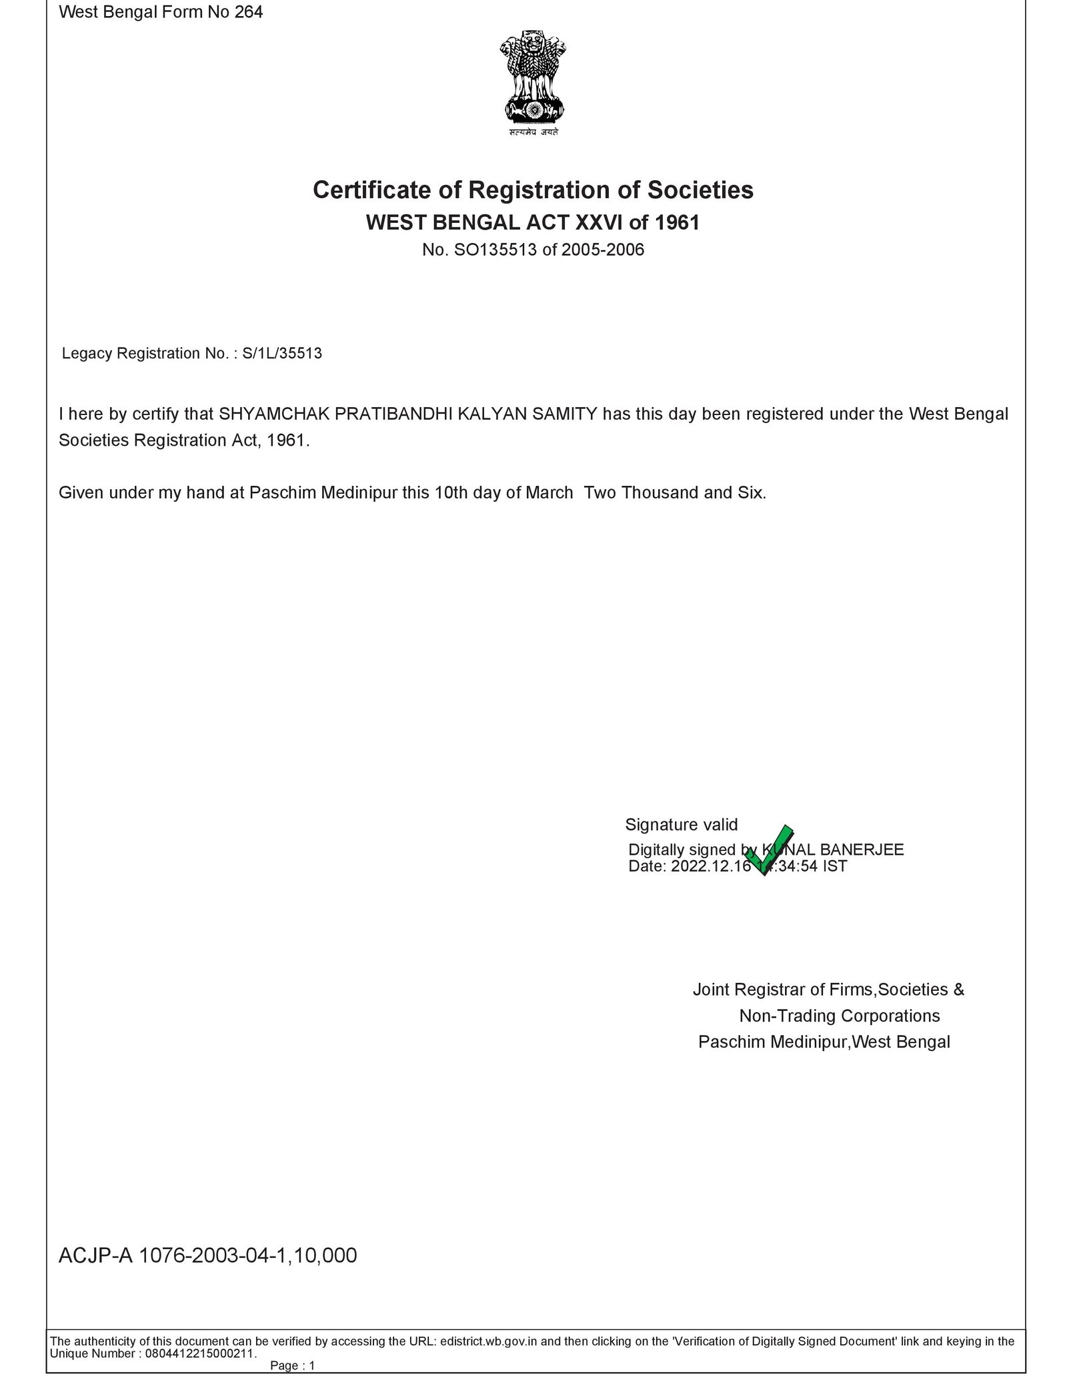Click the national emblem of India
point(533,82)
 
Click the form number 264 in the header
point(249,12)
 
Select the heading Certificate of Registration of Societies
point(533,190)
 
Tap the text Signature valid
point(681,825)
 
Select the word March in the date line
point(550,493)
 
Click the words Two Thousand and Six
point(675,493)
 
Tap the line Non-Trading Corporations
point(839,1016)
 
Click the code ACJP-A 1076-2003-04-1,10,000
point(208,1256)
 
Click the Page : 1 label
point(292,1366)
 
